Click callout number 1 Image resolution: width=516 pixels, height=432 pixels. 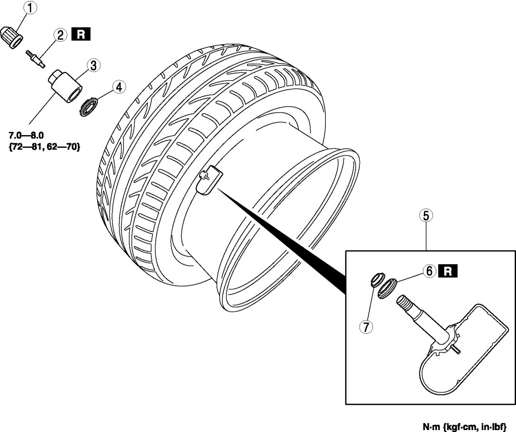pos(30,9)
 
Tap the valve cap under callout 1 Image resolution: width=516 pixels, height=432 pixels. pos(14,37)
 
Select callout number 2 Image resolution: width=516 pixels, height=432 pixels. pos(60,35)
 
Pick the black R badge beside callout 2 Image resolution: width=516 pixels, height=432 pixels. pos(80,35)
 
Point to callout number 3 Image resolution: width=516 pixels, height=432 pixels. pos(92,65)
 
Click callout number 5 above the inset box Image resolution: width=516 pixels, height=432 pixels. pos(425,216)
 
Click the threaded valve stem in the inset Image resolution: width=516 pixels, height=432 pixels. pos(412,309)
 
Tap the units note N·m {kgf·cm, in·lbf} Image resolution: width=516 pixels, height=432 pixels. pos(468,426)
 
